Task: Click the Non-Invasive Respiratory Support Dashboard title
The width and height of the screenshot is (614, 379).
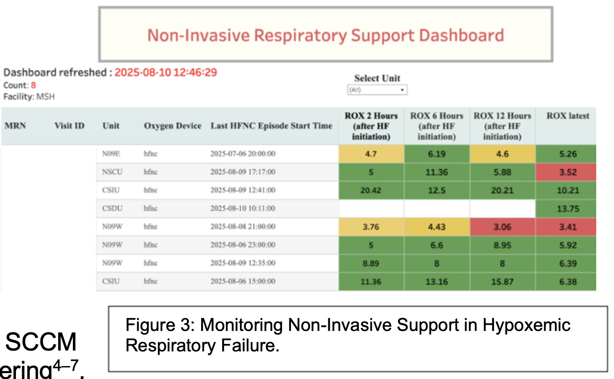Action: [x=325, y=35]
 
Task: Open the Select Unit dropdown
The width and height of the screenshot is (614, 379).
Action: [x=377, y=90]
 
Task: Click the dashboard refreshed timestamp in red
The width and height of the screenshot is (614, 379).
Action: [x=166, y=72]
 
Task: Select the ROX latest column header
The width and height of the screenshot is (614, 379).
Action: [x=568, y=116]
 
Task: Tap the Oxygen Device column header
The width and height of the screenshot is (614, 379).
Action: [x=172, y=126]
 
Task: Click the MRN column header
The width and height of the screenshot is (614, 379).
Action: [x=15, y=126]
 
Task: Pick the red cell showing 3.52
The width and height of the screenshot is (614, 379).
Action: [x=568, y=172]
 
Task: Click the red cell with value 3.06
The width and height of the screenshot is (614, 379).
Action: [x=502, y=227]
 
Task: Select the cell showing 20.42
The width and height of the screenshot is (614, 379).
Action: [x=371, y=190]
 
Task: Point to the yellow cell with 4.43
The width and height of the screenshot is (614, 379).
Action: [x=437, y=227]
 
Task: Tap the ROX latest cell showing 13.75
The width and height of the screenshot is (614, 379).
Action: [x=568, y=209]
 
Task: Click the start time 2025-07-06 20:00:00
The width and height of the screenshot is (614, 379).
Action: [x=243, y=154]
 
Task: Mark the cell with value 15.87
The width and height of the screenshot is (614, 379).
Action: [x=502, y=281]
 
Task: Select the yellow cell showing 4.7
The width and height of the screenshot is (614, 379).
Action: [x=371, y=154]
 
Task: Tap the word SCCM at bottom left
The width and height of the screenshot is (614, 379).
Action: [x=41, y=343]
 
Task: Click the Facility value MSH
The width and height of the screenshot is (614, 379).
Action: [x=45, y=96]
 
